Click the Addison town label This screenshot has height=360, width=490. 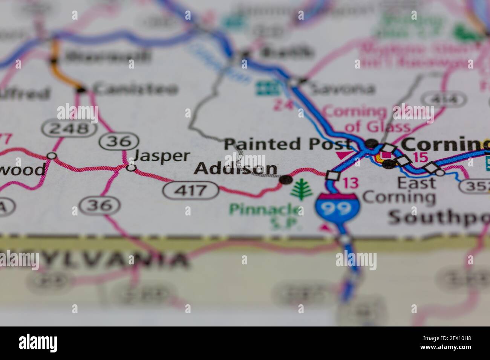[x=236, y=169]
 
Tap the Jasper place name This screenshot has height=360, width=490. [x=162, y=156]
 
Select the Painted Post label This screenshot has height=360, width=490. [x=288, y=144]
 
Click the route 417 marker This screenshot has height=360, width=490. [x=191, y=190]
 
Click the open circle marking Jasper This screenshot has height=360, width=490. [x=131, y=168]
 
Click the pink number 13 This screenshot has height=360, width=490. [x=350, y=183]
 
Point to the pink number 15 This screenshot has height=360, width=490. [x=419, y=157]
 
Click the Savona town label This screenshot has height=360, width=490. [x=341, y=89]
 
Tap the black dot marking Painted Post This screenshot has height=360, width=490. [x=372, y=143]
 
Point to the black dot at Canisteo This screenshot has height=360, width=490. [x=81, y=90]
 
